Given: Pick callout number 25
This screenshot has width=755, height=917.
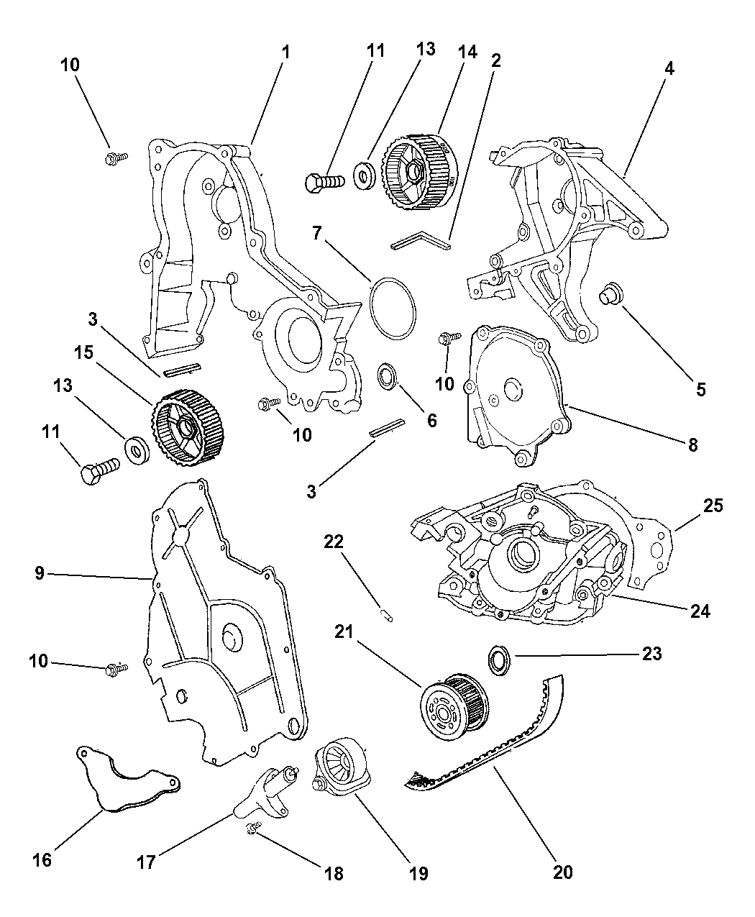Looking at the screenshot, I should coord(712,506).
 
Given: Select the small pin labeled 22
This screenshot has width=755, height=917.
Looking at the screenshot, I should coord(386,615).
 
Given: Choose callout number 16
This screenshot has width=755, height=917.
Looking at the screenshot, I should coord(42,859).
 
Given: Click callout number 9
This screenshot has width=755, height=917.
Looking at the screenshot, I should coord(39,573).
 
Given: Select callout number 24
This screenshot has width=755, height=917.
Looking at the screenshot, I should coord(700,611).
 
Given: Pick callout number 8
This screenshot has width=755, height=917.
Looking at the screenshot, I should coord(692,444).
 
